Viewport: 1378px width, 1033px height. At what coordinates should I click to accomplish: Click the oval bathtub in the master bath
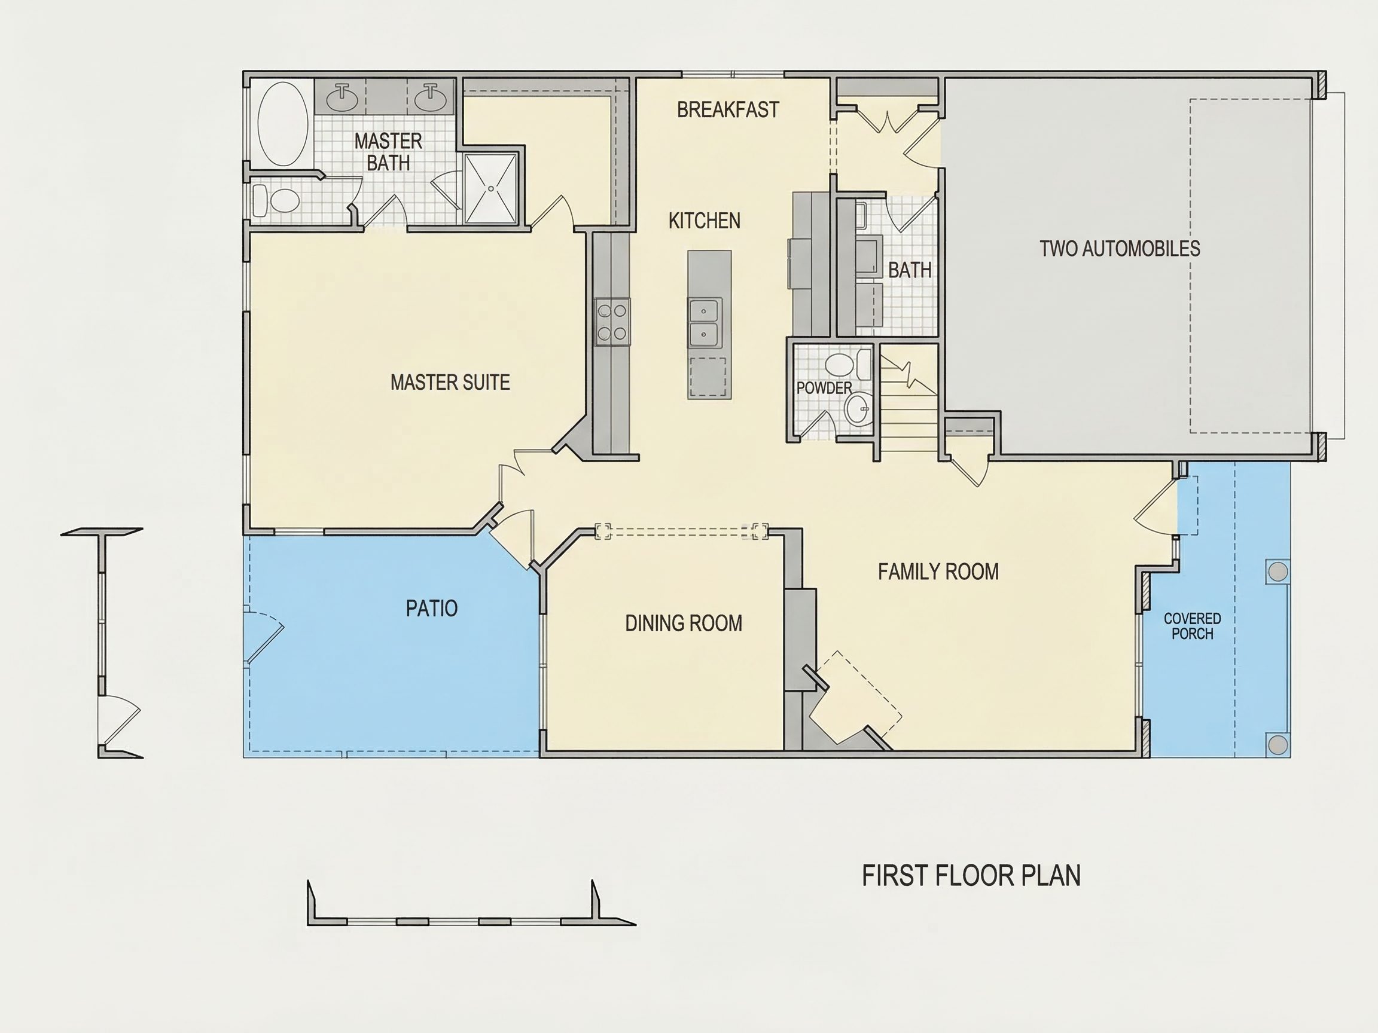pyautogui.click(x=283, y=124)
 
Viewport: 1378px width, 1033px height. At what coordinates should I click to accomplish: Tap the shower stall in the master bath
pyautogui.click(x=491, y=188)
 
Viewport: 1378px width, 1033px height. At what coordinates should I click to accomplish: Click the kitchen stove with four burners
pyautogui.click(x=612, y=321)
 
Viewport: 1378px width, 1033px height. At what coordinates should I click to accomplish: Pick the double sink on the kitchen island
pyautogui.click(x=705, y=323)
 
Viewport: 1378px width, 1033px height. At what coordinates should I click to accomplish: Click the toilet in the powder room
pyautogui.click(x=847, y=364)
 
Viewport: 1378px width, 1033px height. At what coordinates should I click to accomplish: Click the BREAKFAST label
pyautogui.click(x=728, y=109)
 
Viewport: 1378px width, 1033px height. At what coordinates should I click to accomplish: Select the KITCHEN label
pyautogui.click(x=704, y=221)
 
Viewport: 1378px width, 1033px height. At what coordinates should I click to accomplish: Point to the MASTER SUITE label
pyautogui.click(x=450, y=381)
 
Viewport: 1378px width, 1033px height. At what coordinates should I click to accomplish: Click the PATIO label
pyautogui.click(x=431, y=608)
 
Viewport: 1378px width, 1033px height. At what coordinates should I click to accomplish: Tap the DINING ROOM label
pyautogui.click(x=684, y=623)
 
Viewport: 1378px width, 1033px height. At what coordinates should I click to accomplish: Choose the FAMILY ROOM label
pyautogui.click(x=938, y=571)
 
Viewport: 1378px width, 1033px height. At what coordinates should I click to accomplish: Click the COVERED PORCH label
pyautogui.click(x=1193, y=626)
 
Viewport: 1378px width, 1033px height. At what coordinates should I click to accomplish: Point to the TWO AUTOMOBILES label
pyautogui.click(x=1120, y=249)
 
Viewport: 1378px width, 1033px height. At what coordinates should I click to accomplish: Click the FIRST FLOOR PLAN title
pyautogui.click(x=971, y=875)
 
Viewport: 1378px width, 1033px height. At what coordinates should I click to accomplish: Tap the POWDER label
pyautogui.click(x=824, y=388)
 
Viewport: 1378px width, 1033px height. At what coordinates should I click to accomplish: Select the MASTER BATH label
pyautogui.click(x=388, y=152)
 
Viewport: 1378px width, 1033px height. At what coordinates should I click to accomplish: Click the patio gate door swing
pyautogui.click(x=264, y=637)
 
